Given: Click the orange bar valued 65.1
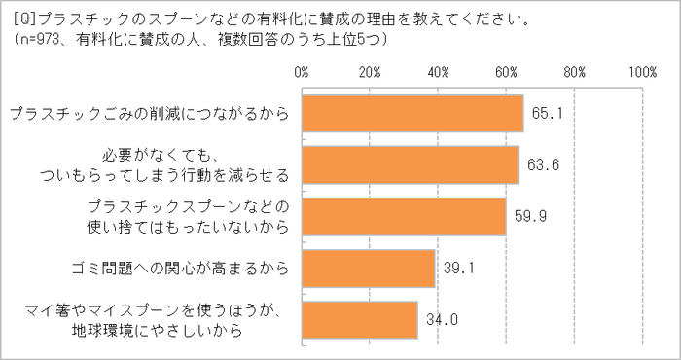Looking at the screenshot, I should pos(412,113).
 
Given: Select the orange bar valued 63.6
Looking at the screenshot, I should pos(410,164).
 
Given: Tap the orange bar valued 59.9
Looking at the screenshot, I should pos(404,216).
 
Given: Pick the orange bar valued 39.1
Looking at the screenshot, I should pos(368,268).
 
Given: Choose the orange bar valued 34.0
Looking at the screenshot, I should pos(360,319).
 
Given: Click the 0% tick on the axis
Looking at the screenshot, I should pos(301,71).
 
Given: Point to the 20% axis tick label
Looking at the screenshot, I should pos(369,71).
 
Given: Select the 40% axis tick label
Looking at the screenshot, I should pos(437,71).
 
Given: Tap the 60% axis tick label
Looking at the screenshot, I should pos(505,71).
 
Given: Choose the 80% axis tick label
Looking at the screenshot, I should pos(573,71).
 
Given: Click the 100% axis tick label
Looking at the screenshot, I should pos(643,71).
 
